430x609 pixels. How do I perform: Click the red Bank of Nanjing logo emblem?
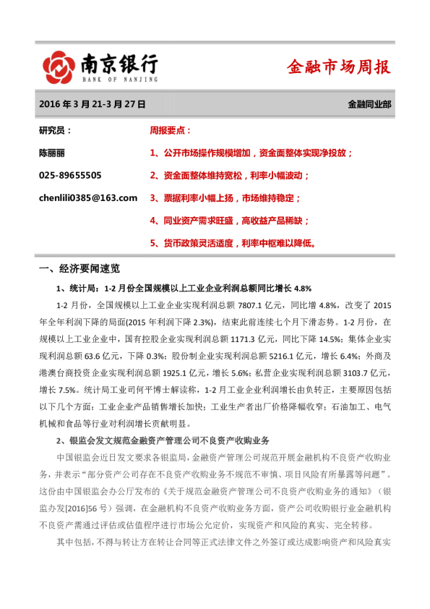[58, 67]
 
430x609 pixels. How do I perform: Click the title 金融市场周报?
[338, 67]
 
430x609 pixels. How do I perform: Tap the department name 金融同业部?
[369, 104]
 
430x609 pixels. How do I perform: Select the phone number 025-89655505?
[70, 175]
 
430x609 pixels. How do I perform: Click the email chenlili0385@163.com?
[88, 197]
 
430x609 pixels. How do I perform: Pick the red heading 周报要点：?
[171, 131]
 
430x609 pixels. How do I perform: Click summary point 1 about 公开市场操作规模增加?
[251, 153]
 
